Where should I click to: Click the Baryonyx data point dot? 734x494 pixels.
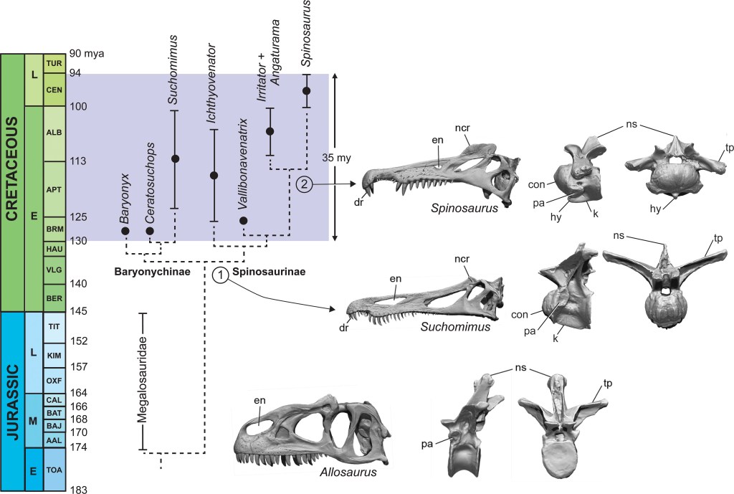[x=125, y=231]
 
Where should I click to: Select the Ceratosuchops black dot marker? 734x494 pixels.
[x=150, y=231]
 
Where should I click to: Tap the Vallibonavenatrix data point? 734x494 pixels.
[x=243, y=220]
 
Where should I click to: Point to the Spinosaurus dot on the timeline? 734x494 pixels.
[x=307, y=90]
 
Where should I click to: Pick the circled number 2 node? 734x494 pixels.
[x=304, y=184]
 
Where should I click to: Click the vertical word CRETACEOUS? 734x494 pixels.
[x=12, y=182]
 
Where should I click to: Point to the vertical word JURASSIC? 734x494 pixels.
[x=12, y=402]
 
